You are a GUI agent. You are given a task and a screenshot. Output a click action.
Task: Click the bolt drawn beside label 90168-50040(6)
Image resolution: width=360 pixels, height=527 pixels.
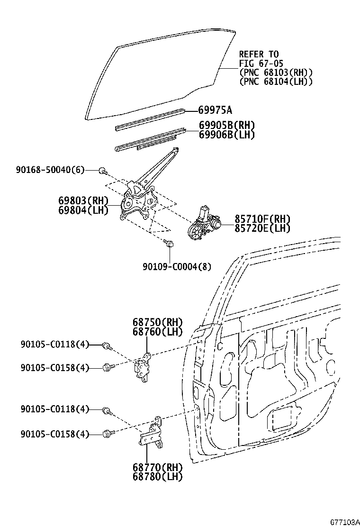(x=102, y=170)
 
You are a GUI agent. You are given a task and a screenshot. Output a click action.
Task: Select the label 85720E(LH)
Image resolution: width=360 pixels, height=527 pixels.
(x=262, y=228)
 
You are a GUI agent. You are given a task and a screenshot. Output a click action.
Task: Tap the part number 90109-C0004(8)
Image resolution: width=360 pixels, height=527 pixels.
(x=177, y=267)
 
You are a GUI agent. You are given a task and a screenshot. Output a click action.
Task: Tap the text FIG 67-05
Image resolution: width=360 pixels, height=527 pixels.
(x=259, y=63)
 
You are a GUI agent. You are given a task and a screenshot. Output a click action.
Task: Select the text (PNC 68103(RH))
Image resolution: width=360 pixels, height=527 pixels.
(x=276, y=72)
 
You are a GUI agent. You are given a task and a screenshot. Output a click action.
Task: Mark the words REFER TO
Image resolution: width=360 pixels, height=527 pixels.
(x=259, y=54)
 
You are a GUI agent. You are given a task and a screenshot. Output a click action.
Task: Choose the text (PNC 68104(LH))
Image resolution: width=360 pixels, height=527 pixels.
(x=276, y=81)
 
